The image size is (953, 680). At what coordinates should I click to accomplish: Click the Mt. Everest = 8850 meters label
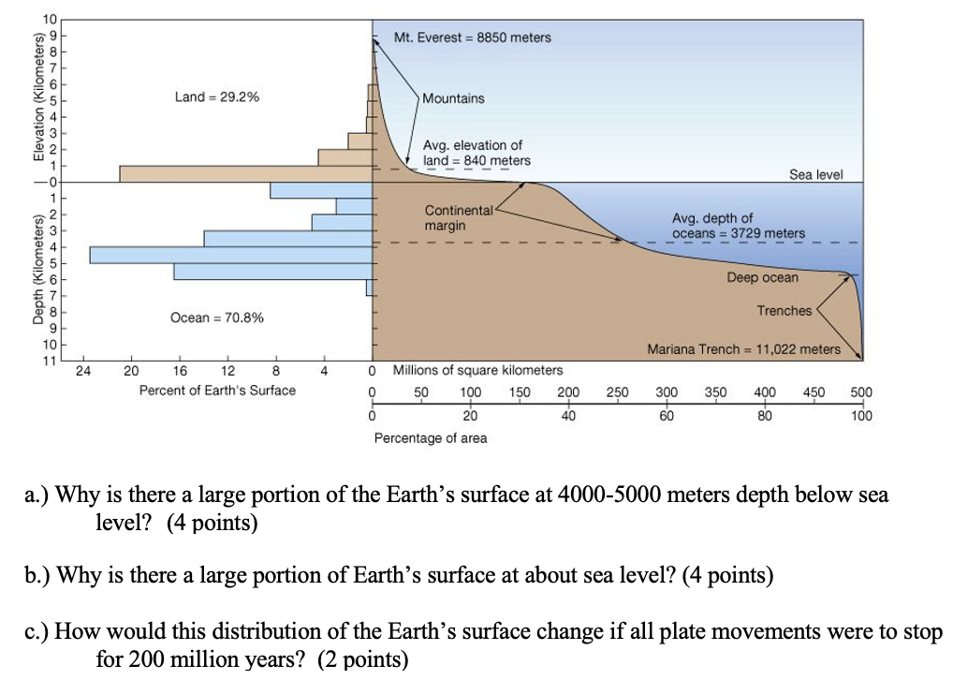(473, 37)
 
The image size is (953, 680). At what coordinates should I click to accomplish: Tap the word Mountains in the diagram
(453, 98)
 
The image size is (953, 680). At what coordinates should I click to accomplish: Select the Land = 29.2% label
(217, 96)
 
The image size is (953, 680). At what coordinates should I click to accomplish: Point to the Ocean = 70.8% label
(216, 318)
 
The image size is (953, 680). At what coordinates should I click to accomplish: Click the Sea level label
(816, 174)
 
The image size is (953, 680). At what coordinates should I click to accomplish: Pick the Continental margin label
(459, 218)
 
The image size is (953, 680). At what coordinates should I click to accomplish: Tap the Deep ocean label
(763, 277)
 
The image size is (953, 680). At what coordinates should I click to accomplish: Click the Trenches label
(784, 310)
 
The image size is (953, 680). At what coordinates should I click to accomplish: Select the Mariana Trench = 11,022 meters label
(744, 349)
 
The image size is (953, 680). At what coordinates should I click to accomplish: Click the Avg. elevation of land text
(476, 153)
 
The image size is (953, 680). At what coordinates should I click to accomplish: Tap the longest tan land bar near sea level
(245, 173)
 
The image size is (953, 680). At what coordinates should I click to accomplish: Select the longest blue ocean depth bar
(230, 255)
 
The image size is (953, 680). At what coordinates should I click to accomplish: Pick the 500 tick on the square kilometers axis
(861, 392)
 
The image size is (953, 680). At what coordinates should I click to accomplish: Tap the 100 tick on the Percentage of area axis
(861, 416)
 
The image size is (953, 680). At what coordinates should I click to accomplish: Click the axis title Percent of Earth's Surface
(217, 391)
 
